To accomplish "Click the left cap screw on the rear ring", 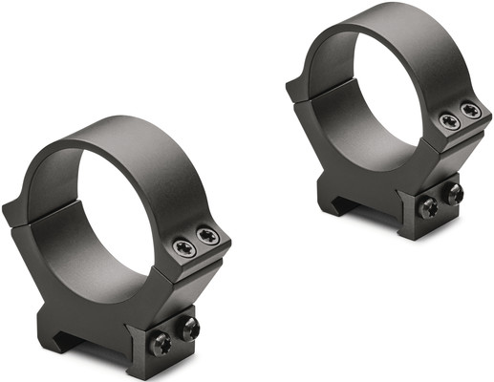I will point(448,121).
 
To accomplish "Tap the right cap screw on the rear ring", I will point(469,111).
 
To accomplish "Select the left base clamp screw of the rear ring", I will point(429,206).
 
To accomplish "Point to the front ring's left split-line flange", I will point(17,212).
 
